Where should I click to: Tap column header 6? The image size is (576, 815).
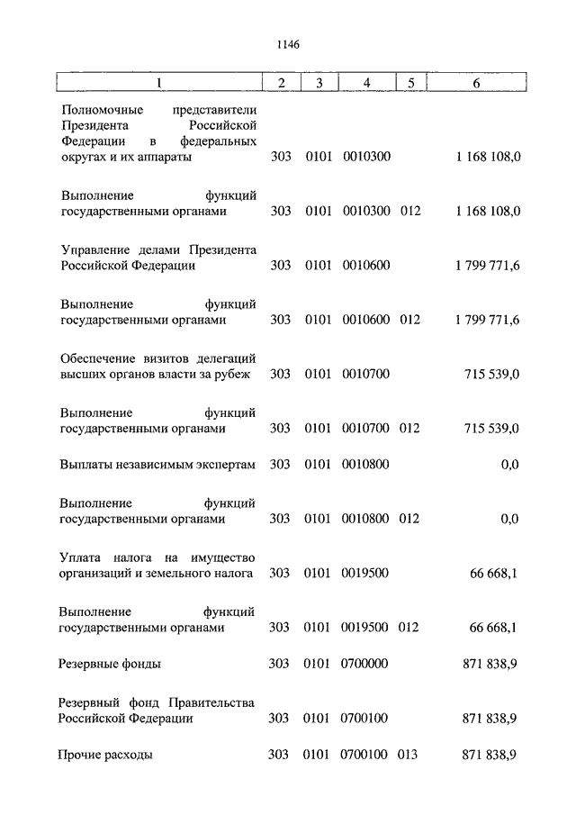(x=476, y=83)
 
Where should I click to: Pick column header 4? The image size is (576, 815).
(x=366, y=83)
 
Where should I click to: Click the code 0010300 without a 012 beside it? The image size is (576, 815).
(x=366, y=157)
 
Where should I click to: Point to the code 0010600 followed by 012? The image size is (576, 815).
(x=366, y=320)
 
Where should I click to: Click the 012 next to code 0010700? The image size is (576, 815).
(x=410, y=429)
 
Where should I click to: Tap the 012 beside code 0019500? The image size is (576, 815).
(x=410, y=628)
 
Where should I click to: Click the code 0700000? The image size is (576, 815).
(x=366, y=664)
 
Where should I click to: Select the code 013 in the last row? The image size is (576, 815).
(x=410, y=756)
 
